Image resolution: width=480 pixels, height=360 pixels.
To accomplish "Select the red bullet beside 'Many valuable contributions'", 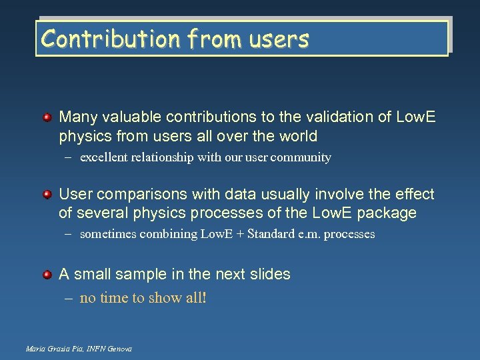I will pyautogui.click(x=47, y=118).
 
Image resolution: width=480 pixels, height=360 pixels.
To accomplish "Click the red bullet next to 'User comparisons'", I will pyautogui.click(x=47, y=195).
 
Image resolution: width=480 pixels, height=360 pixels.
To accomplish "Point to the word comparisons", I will pyautogui.click(x=137, y=195).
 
